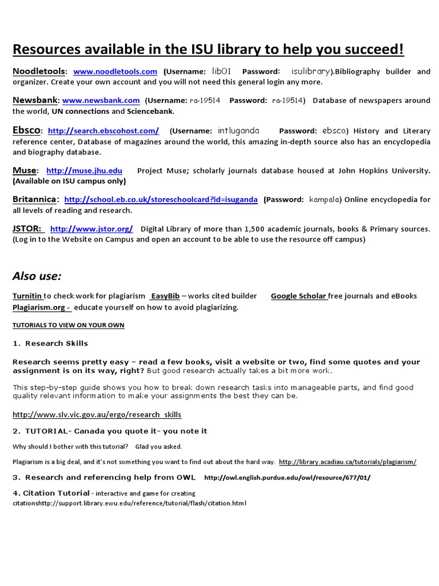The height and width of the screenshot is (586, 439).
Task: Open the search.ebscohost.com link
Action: [x=103, y=131]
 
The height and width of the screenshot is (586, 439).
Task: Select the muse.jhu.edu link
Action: [x=84, y=171]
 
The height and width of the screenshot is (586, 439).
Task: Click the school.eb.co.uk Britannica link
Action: [x=161, y=200]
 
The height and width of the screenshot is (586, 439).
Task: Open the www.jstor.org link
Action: [x=91, y=229]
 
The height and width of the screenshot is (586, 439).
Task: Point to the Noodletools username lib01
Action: [x=221, y=72]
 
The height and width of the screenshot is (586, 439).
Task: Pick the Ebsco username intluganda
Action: [x=238, y=131]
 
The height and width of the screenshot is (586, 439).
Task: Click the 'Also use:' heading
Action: [x=37, y=276]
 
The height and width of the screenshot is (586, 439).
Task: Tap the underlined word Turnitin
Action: [x=27, y=296]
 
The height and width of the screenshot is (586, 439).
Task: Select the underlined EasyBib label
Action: [x=165, y=296]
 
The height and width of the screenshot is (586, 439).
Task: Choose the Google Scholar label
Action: [x=298, y=296]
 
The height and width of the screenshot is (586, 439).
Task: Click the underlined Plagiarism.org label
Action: [x=41, y=307]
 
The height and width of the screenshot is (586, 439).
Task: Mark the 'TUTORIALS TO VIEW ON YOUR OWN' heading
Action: [x=68, y=325]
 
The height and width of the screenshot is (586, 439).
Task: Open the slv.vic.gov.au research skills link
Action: [x=97, y=414]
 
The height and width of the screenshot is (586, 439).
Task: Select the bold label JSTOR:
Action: [x=27, y=229]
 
